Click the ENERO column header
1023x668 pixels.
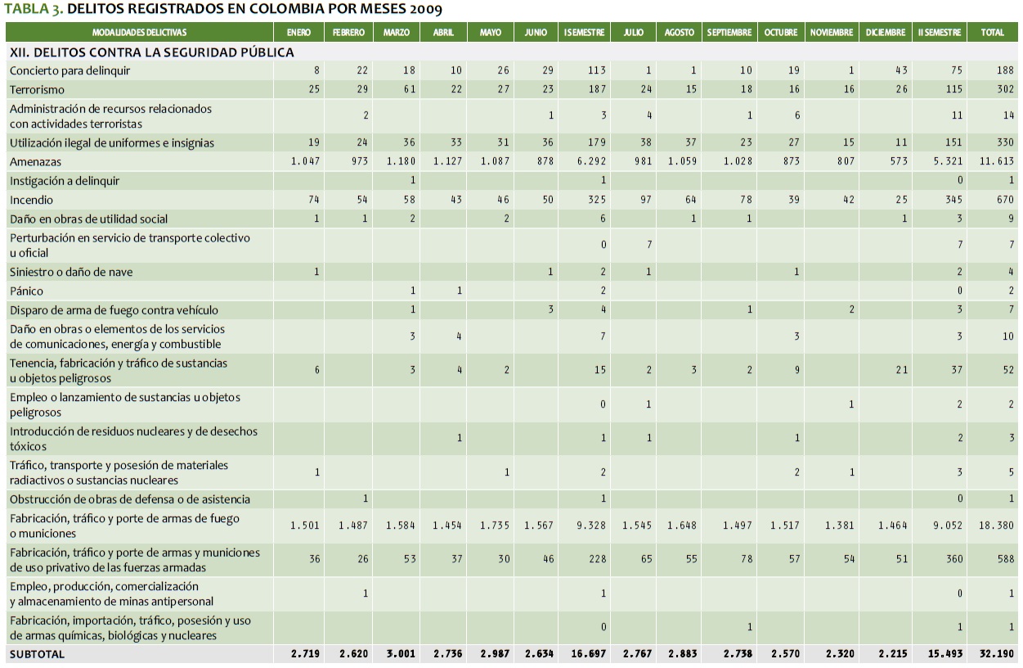(298, 33)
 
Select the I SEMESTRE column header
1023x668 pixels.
(584, 33)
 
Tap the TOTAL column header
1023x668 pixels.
(992, 33)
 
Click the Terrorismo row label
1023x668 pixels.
(37, 89)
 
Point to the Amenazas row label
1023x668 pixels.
(35, 162)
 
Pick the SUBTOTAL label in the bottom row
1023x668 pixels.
(37, 654)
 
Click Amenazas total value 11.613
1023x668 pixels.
(997, 162)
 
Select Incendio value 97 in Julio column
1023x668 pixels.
(645, 200)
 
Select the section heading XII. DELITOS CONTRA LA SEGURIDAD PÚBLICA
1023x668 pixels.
(151, 52)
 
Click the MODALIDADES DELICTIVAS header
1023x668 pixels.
(139, 33)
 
